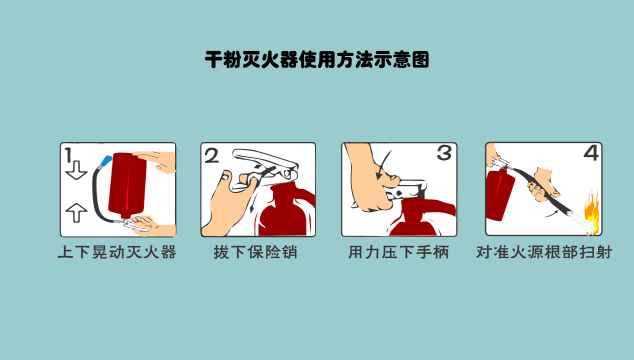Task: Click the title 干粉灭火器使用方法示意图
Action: (317, 59)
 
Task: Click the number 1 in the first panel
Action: (68, 155)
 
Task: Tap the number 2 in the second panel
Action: (211, 156)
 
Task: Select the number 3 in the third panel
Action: (444, 153)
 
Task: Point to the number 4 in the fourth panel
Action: (591, 153)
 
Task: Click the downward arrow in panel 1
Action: (76, 170)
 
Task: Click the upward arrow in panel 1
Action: (76, 212)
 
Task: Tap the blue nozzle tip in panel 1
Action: (107, 161)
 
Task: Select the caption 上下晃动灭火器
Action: (117, 252)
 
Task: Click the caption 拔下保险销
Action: (256, 252)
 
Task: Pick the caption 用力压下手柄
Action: (399, 252)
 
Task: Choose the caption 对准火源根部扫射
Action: (544, 252)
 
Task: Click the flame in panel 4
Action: (592, 210)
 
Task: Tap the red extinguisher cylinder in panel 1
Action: (127, 184)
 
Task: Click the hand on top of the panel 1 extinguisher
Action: (155, 161)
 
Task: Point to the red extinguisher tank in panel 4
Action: (499, 195)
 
